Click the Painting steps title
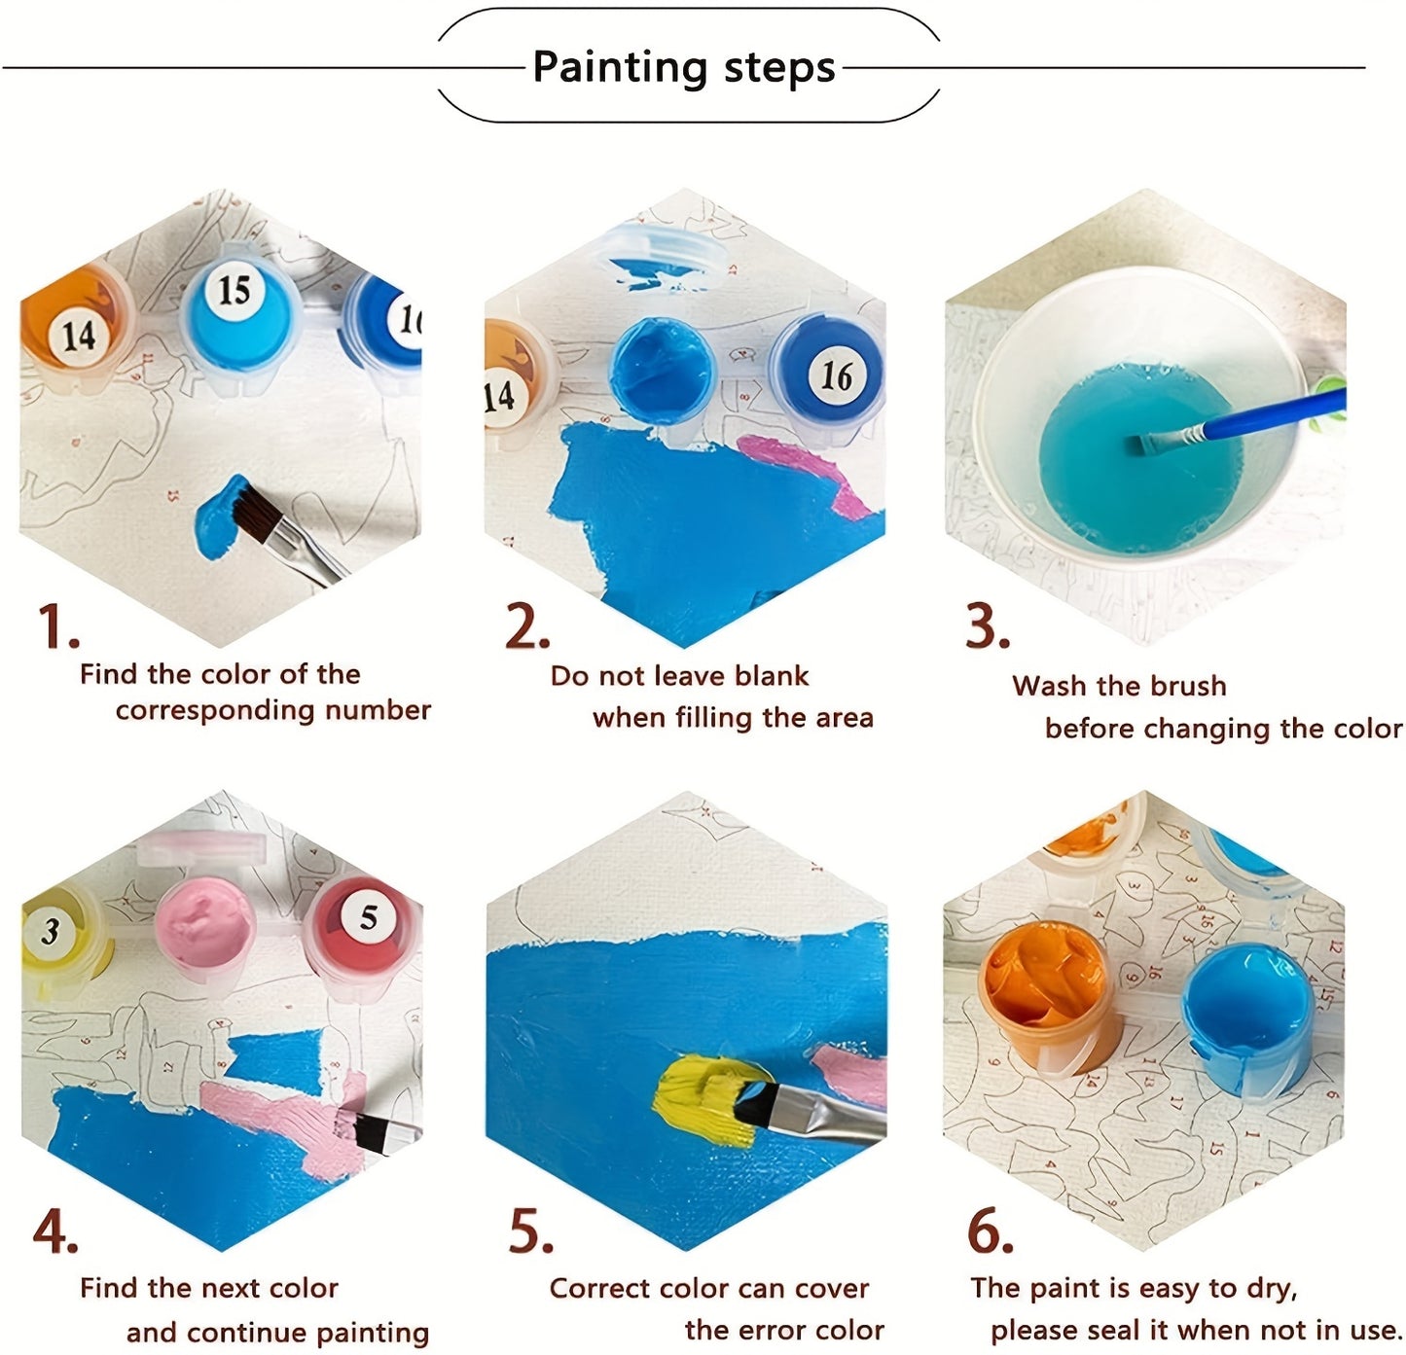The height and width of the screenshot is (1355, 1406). pos(684,67)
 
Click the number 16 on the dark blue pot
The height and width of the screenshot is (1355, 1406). pos(836,375)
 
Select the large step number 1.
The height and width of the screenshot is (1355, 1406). pos(57,627)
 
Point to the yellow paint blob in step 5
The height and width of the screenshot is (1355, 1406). pos(699,1098)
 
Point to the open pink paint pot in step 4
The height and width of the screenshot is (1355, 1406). pos(205,921)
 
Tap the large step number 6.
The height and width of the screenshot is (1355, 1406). pos(990,1231)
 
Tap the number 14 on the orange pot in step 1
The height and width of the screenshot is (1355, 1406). pos(79,335)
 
